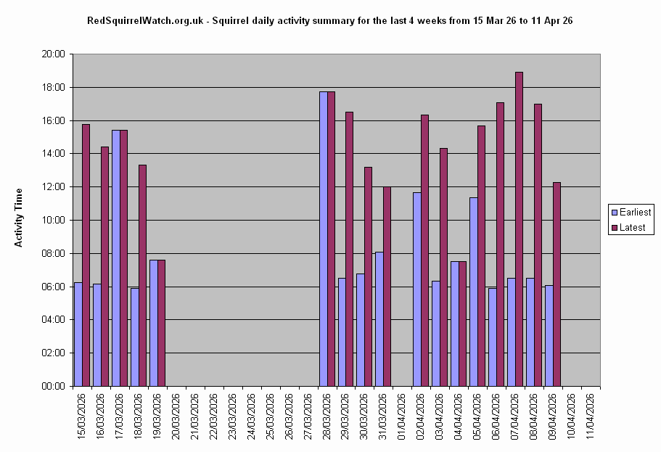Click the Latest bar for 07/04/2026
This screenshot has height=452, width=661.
click(519, 229)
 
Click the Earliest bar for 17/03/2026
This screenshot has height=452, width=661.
click(115, 258)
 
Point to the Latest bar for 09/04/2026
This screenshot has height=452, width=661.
click(557, 284)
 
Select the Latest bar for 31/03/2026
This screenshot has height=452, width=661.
click(387, 286)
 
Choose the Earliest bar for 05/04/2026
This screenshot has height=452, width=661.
click(473, 291)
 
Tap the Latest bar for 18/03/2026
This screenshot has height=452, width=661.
click(142, 275)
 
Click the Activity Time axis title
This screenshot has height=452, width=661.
click(19, 218)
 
